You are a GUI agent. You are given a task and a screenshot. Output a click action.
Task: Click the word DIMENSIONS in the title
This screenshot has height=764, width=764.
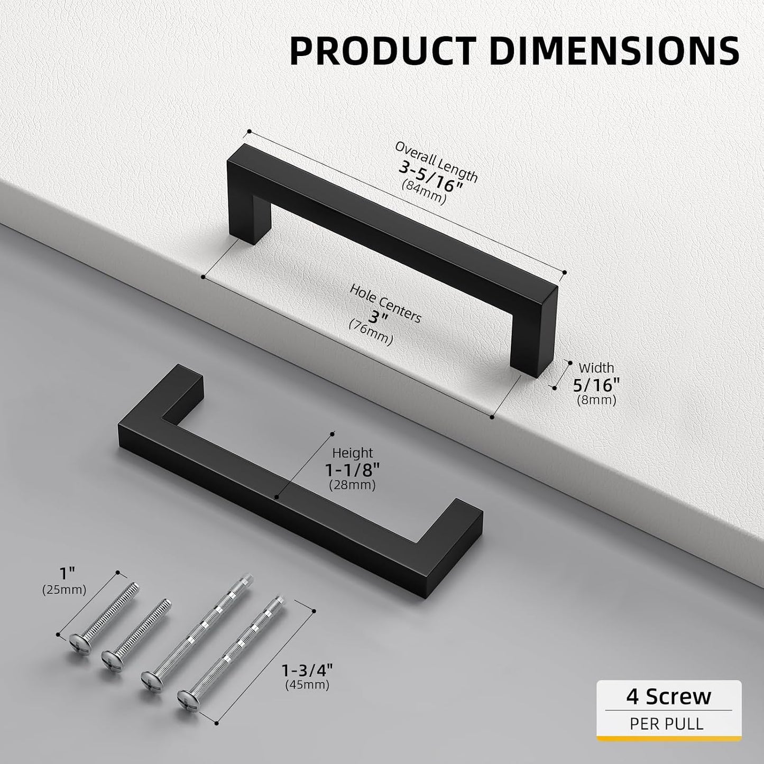[x=614, y=51]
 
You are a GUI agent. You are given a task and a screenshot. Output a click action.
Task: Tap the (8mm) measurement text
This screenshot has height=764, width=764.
[x=596, y=400]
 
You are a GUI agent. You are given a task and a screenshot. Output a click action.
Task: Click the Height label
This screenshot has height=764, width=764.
[x=353, y=453]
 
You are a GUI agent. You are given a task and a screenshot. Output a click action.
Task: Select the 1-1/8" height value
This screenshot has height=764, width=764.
[x=353, y=470]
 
